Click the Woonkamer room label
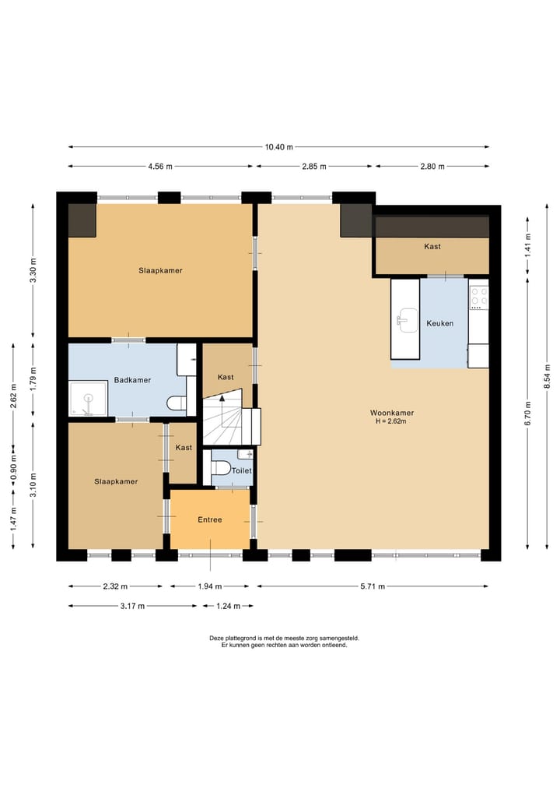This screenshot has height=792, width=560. click(x=392, y=413)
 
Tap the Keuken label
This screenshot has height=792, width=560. click(x=440, y=323)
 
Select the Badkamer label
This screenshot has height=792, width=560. click(x=132, y=380)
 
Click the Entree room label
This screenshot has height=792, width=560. click(x=210, y=519)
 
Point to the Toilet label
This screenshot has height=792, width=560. click(x=242, y=470)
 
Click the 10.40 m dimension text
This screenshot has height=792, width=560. click(x=279, y=147)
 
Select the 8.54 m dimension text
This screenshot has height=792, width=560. click(x=547, y=376)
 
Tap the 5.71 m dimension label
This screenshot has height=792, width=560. click(x=373, y=586)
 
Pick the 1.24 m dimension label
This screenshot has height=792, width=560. click(x=228, y=606)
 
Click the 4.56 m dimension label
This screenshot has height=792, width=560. click(x=160, y=166)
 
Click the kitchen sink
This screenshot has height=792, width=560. click(x=408, y=320)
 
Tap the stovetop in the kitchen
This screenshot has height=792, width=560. click(x=479, y=297)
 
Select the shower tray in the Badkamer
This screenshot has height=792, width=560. click(x=89, y=399)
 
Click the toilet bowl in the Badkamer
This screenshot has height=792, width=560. click(x=177, y=403)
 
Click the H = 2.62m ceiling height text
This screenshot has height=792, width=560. click(x=391, y=421)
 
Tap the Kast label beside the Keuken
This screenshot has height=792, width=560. click(x=432, y=247)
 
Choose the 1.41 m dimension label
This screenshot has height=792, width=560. click(x=527, y=245)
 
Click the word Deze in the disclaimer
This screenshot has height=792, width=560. click(x=215, y=638)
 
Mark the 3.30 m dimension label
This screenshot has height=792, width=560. click(x=33, y=271)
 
